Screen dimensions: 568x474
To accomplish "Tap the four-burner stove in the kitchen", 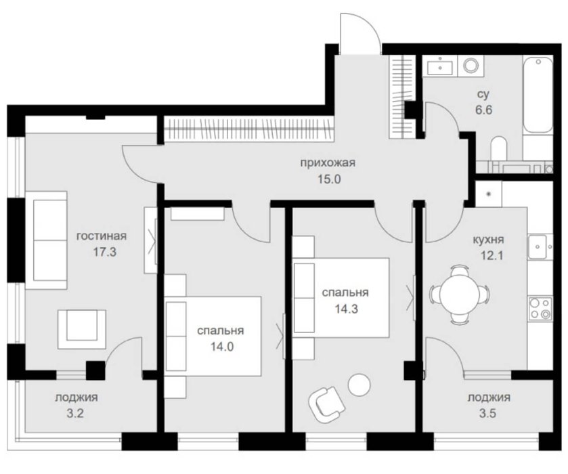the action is tap(540, 309).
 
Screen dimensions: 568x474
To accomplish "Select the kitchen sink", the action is tap(538, 246).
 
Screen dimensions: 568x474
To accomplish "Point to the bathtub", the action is tap(538, 94).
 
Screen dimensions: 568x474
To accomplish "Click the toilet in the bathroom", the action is tap(499, 148).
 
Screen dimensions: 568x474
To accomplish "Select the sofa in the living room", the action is tap(46, 240).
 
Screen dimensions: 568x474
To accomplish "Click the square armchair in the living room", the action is tap(82, 329).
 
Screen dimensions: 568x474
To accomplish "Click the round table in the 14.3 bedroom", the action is tap(359, 385).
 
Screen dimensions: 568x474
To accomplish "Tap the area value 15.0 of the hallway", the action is tap(329, 179).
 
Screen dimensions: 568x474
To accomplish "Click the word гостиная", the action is tap(102, 236).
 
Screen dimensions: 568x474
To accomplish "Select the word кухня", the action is tap(488, 240).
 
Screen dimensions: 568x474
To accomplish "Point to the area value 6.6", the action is tap(484, 110).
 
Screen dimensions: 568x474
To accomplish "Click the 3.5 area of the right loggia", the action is tap(487, 413).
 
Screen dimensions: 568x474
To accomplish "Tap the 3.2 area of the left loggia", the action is tap(75, 413).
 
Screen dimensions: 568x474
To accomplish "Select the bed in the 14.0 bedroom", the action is tap(213, 337).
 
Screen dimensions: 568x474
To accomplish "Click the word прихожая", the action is tap(328, 163).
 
